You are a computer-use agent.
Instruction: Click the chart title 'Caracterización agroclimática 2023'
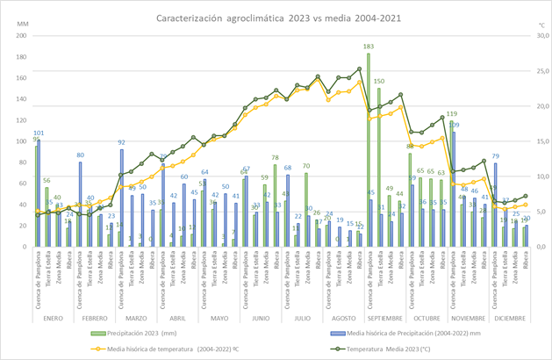pyautogui.click(x=275, y=17)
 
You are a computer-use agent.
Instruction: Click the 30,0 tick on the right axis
pyautogui.click(x=530, y=36)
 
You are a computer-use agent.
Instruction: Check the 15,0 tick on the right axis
pyautogui.click(x=530, y=141)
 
